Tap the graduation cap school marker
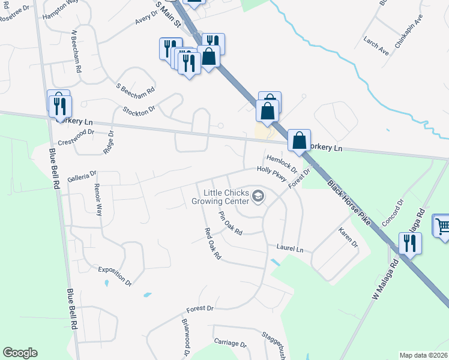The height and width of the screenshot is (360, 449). click(x=258, y=196)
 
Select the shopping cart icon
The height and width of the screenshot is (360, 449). click(x=442, y=227)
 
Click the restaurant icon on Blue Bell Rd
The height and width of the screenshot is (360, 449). click(x=59, y=104)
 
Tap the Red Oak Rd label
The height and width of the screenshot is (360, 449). click(x=213, y=244)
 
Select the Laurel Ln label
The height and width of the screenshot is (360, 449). click(x=290, y=248)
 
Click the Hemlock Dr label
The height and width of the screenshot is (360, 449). click(x=282, y=161)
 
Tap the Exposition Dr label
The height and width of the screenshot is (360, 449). click(x=115, y=275)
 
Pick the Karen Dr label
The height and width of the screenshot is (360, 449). click(x=348, y=238)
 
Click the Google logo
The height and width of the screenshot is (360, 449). click(x=20, y=353)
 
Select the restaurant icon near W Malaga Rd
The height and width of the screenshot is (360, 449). click(x=411, y=243)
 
